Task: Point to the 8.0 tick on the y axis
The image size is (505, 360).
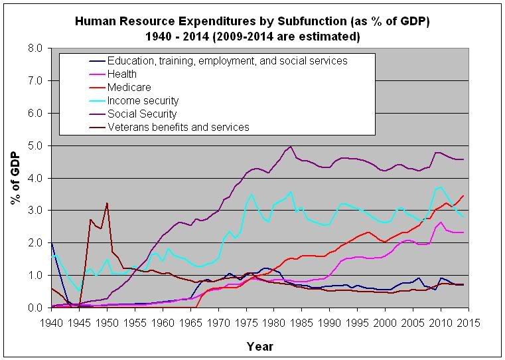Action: tap(35, 48)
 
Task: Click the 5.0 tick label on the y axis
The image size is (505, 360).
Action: tap(35, 145)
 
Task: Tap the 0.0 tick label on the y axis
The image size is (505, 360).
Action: tap(35, 308)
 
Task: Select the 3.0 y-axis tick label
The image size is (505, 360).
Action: tap(35, 211)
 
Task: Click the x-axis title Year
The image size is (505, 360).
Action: tap(259, 346)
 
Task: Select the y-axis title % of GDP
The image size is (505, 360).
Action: tap(16, 178)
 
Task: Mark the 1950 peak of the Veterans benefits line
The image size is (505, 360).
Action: tap(107, 203)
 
